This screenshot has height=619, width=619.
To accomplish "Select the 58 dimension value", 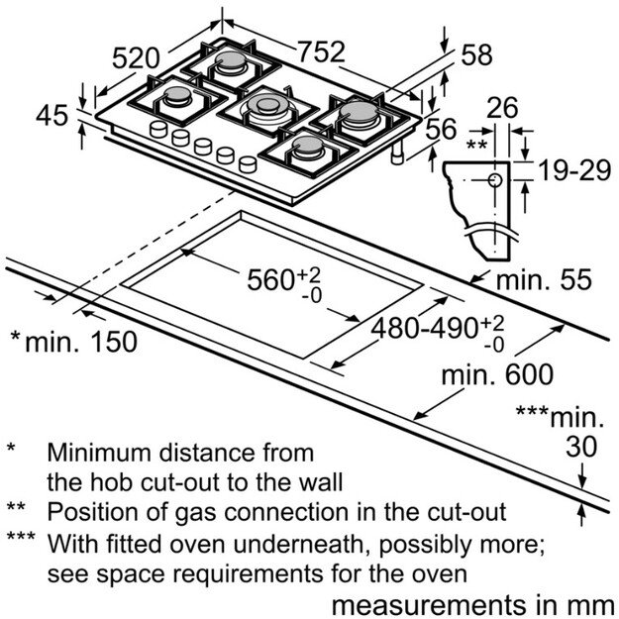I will [x=475, y=55].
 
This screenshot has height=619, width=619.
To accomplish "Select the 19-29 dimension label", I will [x=575, y=171].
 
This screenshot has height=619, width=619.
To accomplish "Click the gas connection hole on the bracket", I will [x=493, y=180].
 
